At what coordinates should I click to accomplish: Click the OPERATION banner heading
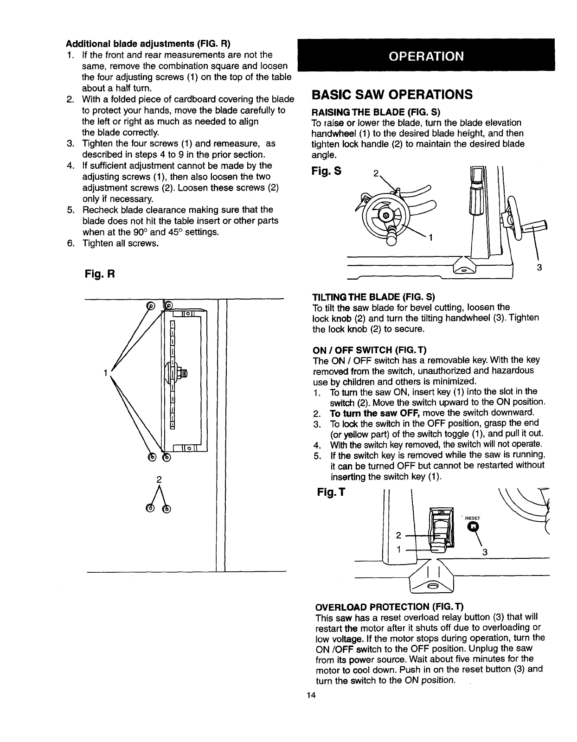(426, 56)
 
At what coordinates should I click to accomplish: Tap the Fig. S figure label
(327, 171)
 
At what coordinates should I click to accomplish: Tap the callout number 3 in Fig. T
(484, 552)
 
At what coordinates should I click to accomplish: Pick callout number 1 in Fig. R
(106, 372)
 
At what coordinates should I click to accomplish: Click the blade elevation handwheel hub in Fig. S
(384, 215)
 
